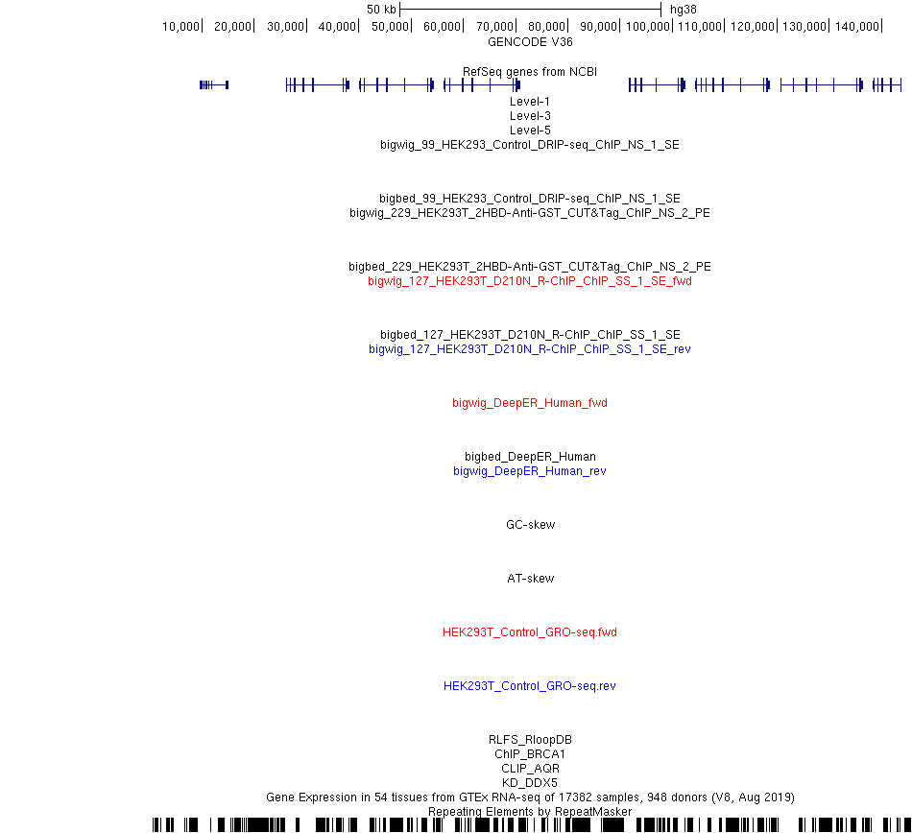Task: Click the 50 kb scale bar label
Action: tap(381, 10)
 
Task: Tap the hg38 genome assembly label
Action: tap(683, 10)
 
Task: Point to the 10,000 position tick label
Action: tap(180, 27)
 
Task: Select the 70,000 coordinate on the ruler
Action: tap(494, 27)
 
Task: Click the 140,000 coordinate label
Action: tap(856, 27)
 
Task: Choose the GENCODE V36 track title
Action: tap(530, 42)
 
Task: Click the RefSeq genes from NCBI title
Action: tap(530, 72)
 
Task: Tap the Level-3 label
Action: tap(530, 116)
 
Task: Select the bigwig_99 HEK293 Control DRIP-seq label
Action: tap(530, 145)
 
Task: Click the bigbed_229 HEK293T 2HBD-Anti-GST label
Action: tap(530, 267)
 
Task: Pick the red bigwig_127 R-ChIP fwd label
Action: tap(530, 281)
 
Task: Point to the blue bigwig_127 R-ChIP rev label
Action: tap(530, 349)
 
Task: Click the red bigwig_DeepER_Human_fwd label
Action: tap(530, 403)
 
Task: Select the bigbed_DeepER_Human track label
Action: tap(530, 457)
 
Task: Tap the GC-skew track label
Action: tap(531, 525)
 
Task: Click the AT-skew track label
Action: tap(531, 579)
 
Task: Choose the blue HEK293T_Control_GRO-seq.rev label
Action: tap(530, 686)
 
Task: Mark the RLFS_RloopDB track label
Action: tap(530, 740)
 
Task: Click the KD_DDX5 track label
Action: tap(530, 783)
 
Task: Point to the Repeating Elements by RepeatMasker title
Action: tap(530, 812)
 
